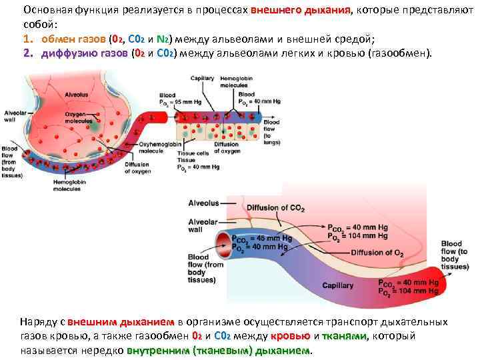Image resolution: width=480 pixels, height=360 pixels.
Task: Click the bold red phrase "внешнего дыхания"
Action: click(301, 11)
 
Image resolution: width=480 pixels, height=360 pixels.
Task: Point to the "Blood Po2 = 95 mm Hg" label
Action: click(177, 101)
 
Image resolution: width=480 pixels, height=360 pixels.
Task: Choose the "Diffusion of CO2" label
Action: click(275, 209)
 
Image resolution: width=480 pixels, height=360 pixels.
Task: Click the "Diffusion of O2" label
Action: click(377, 252)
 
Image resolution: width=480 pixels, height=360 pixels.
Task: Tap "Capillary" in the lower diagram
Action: click(339, 285)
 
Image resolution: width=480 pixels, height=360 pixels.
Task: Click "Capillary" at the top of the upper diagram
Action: click(202, 79)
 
